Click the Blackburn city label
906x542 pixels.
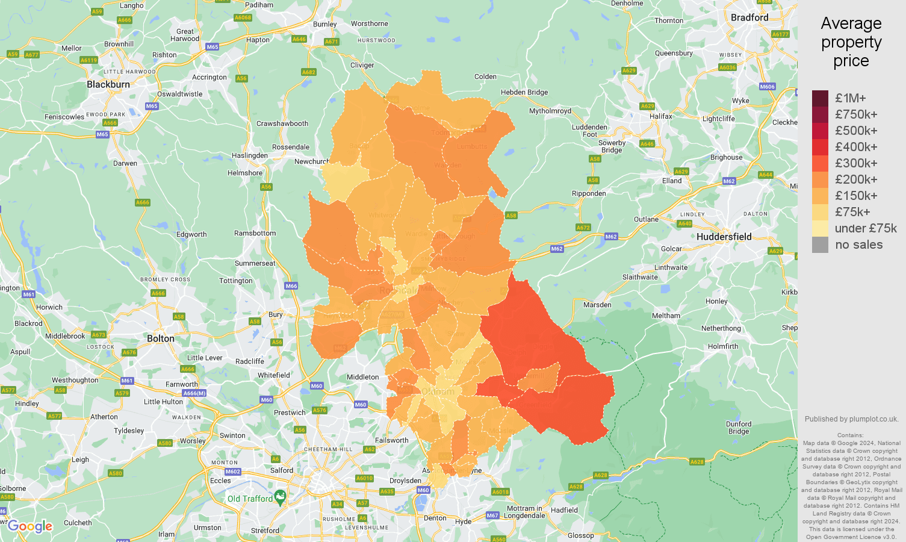point(108,84)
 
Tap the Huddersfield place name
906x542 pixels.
point(724,237)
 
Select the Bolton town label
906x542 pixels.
point(161,338)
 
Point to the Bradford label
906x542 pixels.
point(749,17)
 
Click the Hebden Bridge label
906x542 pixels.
point(524,92)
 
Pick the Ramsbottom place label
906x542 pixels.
point(255,233)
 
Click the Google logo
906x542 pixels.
point(30,527)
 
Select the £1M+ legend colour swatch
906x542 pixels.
point(820,98)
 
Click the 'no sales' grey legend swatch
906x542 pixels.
point(820,245)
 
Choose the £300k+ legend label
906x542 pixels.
point(856,163)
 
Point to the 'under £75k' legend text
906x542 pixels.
point(866,228)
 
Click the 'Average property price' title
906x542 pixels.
point(851,42)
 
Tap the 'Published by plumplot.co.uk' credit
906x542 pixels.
point(851,419)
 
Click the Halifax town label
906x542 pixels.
point(661,116)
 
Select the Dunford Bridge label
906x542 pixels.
point(739,428)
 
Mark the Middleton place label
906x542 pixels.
point(363,377)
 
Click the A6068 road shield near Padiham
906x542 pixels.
point(243,17)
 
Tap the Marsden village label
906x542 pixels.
point(597,305)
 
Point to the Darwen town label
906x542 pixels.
point(125,163)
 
